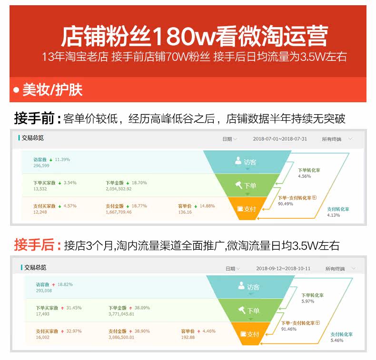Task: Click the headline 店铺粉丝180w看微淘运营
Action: pyautogui.click(x=194, y=36)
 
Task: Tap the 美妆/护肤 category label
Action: pyautogui.click(x=52, y=90)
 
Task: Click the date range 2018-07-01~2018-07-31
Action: pyautogui.click(x=280, y=139)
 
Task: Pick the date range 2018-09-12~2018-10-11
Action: pyautogui.click(x=283, y=269)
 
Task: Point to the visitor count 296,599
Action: pyautogui.click(x=41, y=165)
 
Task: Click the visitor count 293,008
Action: pyautogui.click(x=44, y=290)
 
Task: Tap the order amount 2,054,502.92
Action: pyautogui.click(x=119, y=189)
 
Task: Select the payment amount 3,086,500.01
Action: pyautogui.click(x=121, y=337)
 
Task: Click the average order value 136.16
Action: pyautogui.click(x=185, y=212)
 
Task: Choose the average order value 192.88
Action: pyautogui.click(x=188, y=337)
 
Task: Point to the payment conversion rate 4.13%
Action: pyautogui.click(x=334, y=215)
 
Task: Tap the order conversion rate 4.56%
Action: pyautogui.click(x=304, y=176)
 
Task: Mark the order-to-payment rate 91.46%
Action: pyautogui.click(x=288, y=329)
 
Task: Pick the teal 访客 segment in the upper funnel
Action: pyautogui.click(x=246, y=162)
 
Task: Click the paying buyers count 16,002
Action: pyautogui.click(x=42, y=337)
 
